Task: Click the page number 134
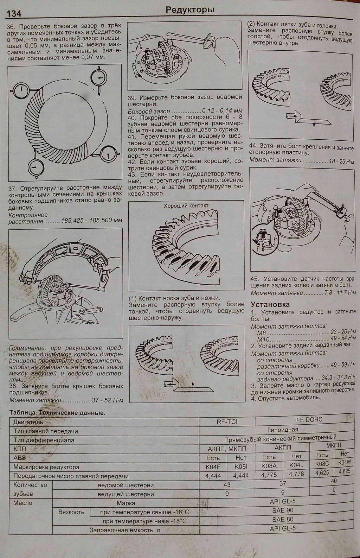click(14, 13)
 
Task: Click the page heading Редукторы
click(190, 10)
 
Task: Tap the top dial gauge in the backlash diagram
click(98, 78)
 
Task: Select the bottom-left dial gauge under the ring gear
click(36, 167)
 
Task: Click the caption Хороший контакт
click(186, 205)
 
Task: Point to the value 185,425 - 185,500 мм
click(92, 221)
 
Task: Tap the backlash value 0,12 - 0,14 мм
click(222, 111)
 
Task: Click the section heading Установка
click(270, 304)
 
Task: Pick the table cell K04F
click(213, 467)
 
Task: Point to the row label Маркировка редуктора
click(46, 467)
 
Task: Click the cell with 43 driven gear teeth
click(227, 485)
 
